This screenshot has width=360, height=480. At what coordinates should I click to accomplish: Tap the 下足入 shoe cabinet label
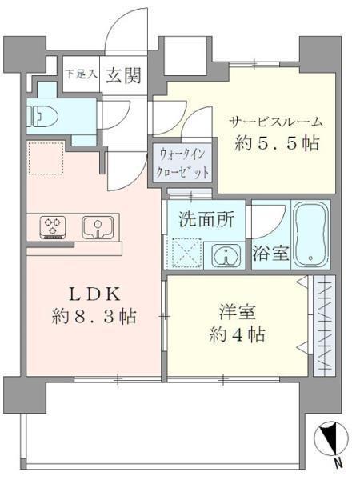[x=80, y=74]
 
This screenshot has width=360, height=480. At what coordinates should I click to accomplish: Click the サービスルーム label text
[x=276, y=123]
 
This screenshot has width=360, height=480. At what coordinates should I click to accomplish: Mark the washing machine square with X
[x=188, y=256]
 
